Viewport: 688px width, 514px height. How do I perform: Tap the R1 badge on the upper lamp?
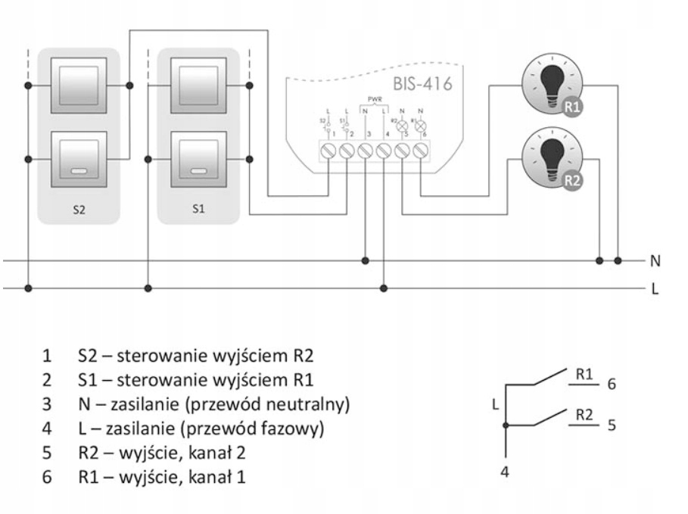[x=573, y=107]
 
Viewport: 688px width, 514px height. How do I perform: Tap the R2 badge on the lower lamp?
[x=573, y=181]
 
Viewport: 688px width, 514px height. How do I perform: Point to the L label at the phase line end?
[x=655, y=288]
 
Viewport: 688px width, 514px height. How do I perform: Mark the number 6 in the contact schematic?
[x=612, y=384]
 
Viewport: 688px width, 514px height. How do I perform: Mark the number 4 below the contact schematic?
[x=506, y=471]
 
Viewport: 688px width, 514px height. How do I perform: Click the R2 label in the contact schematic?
[x=584, y=415]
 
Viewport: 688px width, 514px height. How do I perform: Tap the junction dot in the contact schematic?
[x=506, y=425]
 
